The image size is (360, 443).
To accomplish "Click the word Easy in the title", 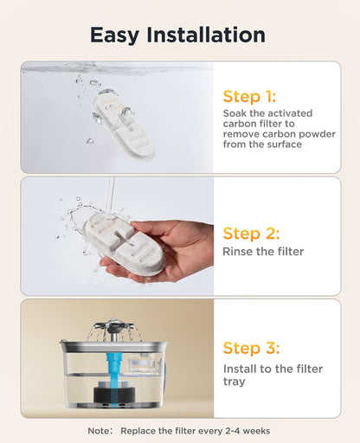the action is click(114, 35).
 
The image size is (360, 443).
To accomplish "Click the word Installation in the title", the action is click(206, 35).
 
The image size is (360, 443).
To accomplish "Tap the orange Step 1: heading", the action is click(249, 97).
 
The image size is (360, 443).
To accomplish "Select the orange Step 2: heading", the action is click(251, 234).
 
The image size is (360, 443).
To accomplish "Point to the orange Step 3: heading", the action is click(251, 348).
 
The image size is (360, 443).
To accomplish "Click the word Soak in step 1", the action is click(235, 113).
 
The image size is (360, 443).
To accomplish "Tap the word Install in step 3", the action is click(239, 369).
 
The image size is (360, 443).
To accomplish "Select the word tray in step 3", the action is click(235, 382).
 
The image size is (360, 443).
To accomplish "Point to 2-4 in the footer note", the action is click(232, 431).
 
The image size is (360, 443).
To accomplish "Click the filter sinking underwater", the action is click(124, 127).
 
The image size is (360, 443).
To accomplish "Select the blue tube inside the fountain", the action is click(113, 375).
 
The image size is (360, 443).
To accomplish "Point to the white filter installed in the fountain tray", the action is click(143, 364).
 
